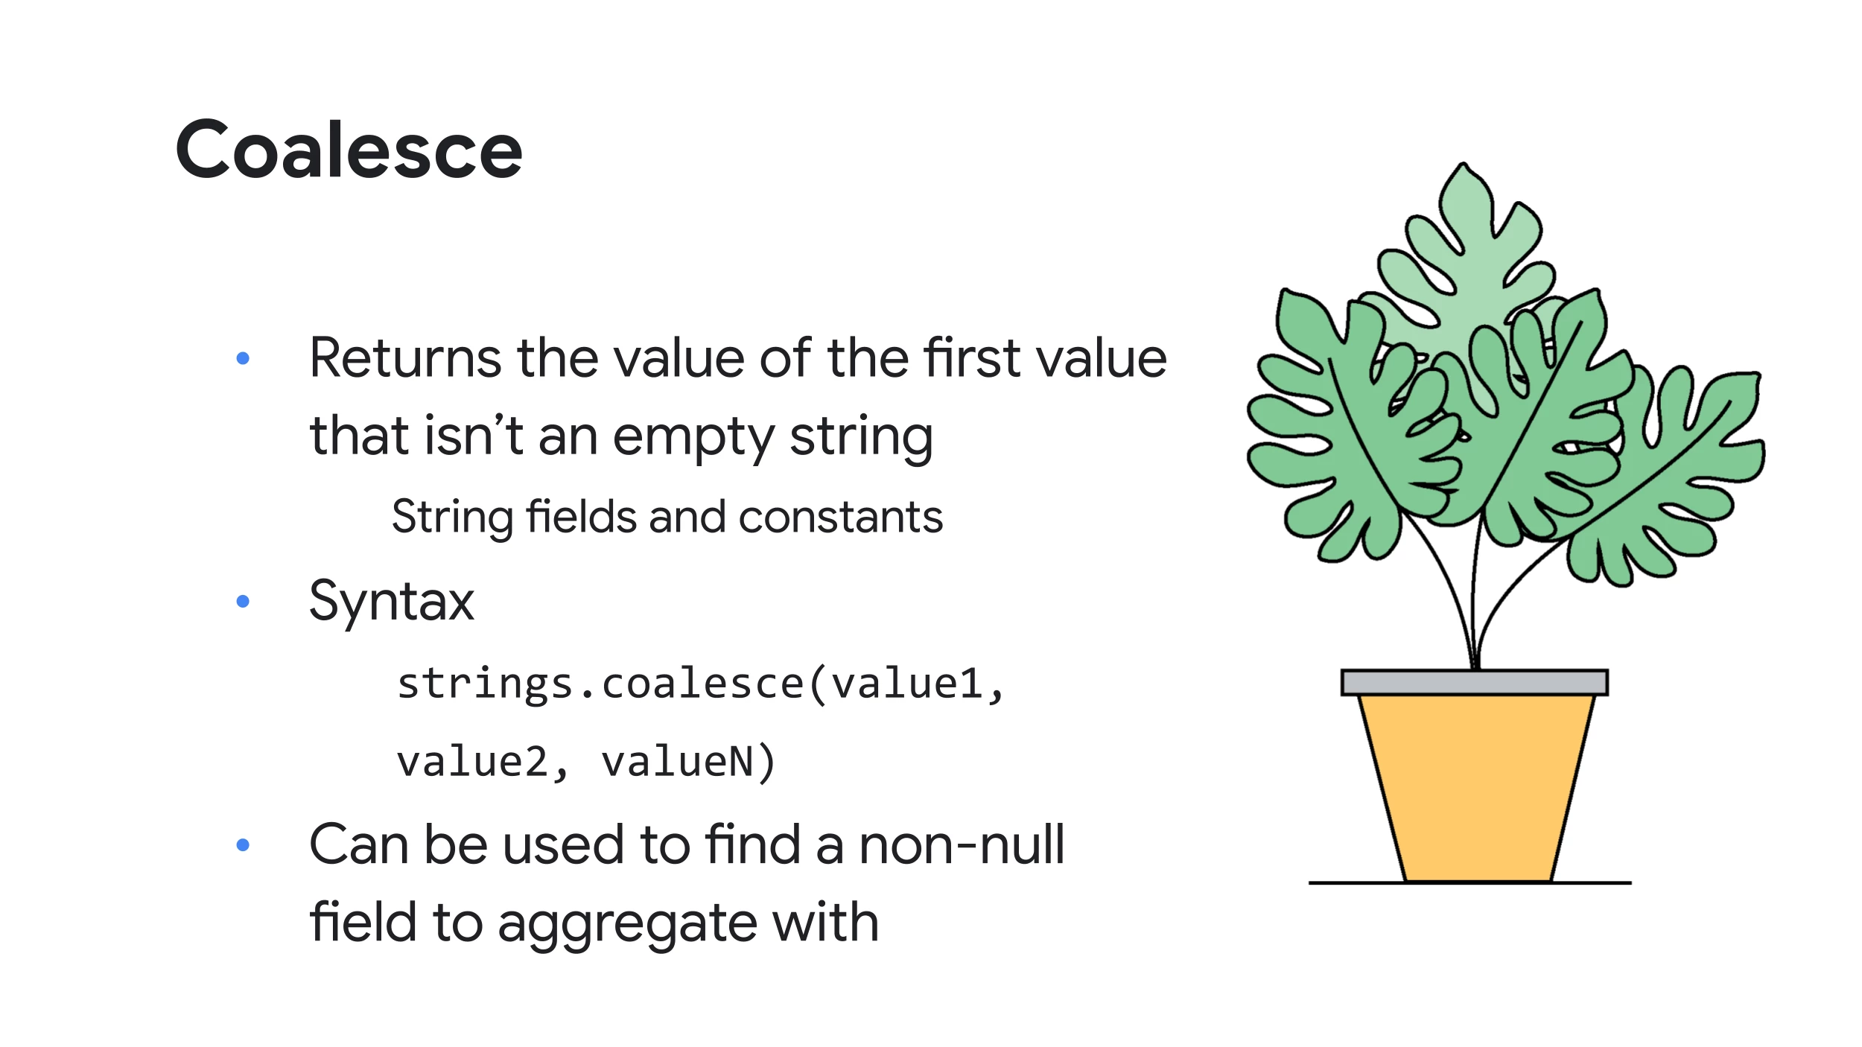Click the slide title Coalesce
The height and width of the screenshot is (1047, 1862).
(x=349, y=150)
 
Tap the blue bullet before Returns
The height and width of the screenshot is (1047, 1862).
(x=243, y=358)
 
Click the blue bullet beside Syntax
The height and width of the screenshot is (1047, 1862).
(x=243, y=601)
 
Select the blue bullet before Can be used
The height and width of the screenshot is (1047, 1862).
(x=243, y=844)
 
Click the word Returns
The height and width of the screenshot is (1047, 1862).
(x=406, y=358)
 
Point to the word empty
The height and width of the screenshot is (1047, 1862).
(x=693, y=437)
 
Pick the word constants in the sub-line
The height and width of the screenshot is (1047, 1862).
(x=841, y=517)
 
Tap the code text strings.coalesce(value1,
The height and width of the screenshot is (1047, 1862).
(x=701, y=684)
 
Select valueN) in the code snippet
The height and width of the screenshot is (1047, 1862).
(x=689, y=762)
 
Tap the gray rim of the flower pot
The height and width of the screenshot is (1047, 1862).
(x=1475, y=683)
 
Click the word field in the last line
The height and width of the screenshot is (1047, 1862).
(x=363, y=922)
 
